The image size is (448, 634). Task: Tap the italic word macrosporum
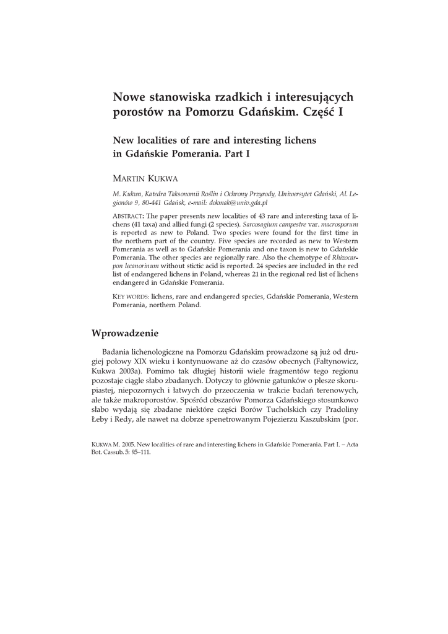pyautogui.click(x=340, y=224)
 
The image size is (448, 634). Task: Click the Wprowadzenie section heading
pyautogui.click(x=125, y=333)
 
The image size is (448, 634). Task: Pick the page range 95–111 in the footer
pyautogui.click(x=139, y=451)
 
